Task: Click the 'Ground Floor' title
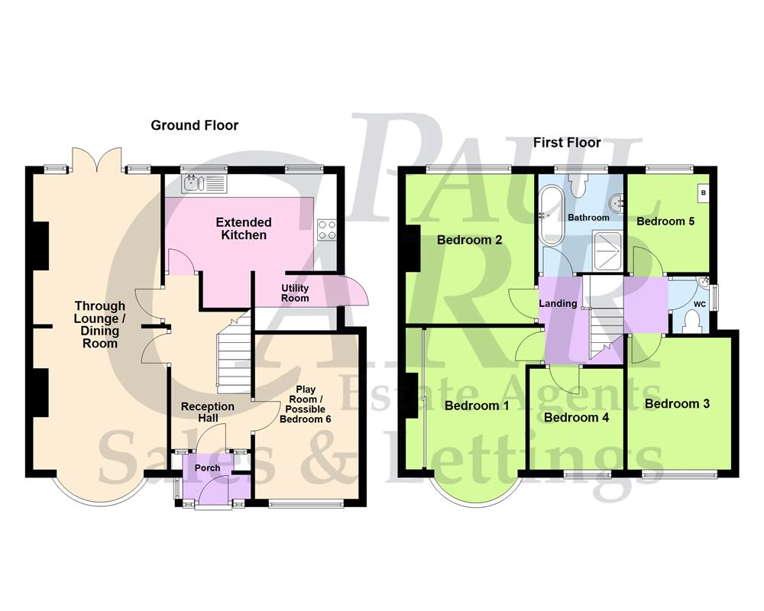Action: click(x=194, y=125)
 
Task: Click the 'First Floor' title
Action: click(x=566, y=142)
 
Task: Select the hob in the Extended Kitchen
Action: click(x=328, y=229)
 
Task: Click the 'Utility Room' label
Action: click(x=294, y=293)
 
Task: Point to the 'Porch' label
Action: click(x=207, y=467)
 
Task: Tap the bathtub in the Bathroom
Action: click(x=550, y=216)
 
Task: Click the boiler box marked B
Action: click(x=702, y=194)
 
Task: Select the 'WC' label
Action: click(x=699, y=304)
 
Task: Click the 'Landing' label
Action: click(x=558, y=303)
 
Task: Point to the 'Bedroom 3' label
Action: click(x=677, y=403)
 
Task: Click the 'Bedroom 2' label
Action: click(x=469, y=240)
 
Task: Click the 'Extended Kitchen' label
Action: click(x=244, y=228)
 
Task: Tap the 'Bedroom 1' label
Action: click(x=477, y=406)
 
